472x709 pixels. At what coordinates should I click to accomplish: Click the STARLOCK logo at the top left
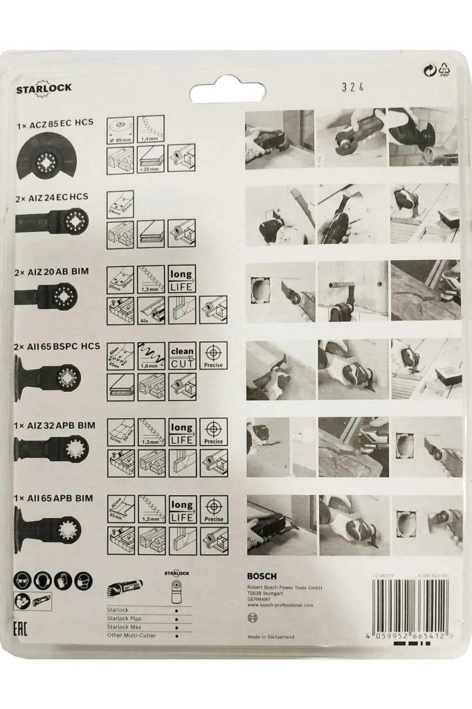(44, 89)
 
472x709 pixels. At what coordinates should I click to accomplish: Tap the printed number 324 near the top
(353, 87)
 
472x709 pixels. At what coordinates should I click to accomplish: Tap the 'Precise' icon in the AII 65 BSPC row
(213, 355)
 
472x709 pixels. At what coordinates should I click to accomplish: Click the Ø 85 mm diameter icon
(120, 129)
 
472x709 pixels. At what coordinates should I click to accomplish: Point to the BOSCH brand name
(262, 576)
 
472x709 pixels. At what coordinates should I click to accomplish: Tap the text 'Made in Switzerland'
(271, 636)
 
